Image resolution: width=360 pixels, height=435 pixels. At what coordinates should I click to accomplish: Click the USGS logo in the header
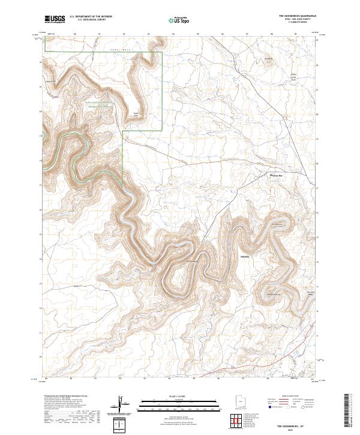(55, 19)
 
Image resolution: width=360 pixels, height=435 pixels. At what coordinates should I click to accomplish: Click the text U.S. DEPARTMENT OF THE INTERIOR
(91, 17)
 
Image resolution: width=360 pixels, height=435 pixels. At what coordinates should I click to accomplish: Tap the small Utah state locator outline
(238, 400)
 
